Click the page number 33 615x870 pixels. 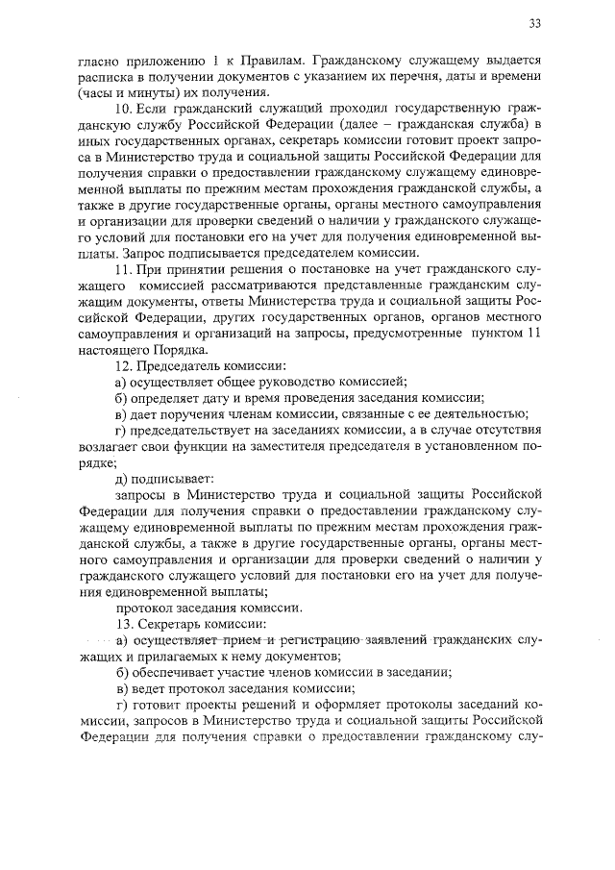pos(535,23)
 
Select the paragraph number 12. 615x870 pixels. pos(122,366)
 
